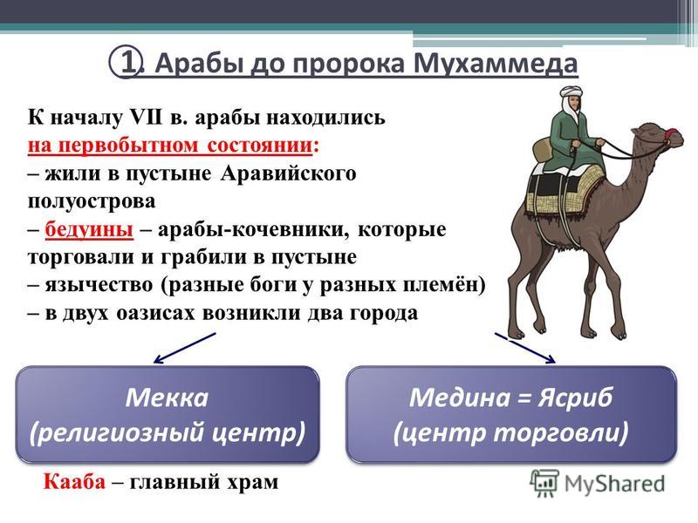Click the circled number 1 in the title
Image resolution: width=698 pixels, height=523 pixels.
pyautogui.click(x=126, y=62)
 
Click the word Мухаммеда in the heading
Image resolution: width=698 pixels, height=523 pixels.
pyautogui.click(x=496, y=63)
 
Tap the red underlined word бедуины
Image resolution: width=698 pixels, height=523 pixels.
pyautogui.click(x=89, y=230)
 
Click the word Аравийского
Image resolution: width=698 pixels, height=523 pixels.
pyautogui.click(x=288, y=173)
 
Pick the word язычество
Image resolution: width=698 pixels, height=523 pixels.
pyautogui.click(x=99, y=285)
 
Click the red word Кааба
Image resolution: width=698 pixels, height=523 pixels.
pyautogui.click(x=74, y=482)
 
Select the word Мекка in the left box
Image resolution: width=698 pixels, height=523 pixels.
pyautogui.click(x=167, y=397)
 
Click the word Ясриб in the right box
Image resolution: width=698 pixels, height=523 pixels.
pyautogui.click(x=575, y=398)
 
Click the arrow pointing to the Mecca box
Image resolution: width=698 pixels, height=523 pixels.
pyautogui.click(x=185, y=348)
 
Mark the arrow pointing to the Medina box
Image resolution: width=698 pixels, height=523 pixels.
pyautogui.click(x=525, y=348)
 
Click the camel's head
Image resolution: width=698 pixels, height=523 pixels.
pyautogui.click(x=660, y=136)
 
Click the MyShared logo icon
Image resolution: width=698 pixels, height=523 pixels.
pyautogui.click(x=544, y=483)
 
